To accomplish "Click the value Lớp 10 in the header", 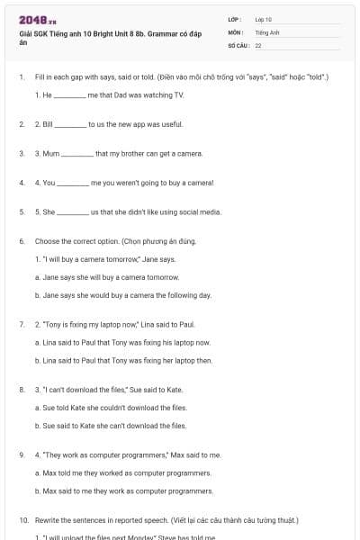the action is pyautogui.click(x=263, y=19).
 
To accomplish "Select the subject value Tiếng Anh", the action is pyautogui.click(x=265, y=31).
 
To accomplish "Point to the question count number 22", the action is pyautogui.click(x=258, y=44).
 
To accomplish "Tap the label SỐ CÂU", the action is pyautogui.click(x=237, y=44).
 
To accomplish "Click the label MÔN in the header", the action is pyautogui.click(x=234, y=31).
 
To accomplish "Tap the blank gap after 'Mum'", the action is pyautogui.click(x=77, y=153).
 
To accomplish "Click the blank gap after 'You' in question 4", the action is pyautogui.click(x=73, y=183).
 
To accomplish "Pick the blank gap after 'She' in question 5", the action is pyautogui.click(x=74, y=212).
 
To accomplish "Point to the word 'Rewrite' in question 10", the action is pyautogui.click(x=48, y=520).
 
